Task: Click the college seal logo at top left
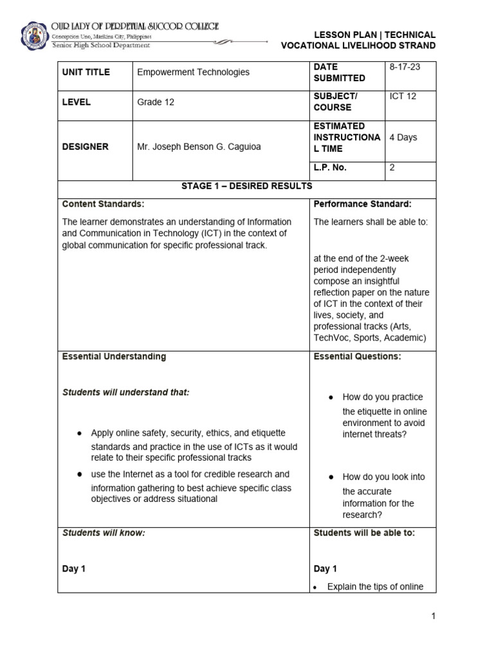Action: coord(33,37)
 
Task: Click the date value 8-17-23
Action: coord(405,67)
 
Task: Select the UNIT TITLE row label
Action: coord(86,72)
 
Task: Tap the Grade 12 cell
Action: coord(156,102)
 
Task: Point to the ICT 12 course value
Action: coord(403,97)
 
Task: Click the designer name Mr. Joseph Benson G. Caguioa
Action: coord(199,147)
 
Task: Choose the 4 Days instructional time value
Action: coord(403,137)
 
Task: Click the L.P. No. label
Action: coord(329,167)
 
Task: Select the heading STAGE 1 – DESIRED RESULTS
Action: coord(246,186)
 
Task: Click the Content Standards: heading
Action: coord(103,204)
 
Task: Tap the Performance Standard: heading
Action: coord(362,204)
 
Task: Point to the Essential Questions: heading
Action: coord(357,356)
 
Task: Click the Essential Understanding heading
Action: coord(114,356)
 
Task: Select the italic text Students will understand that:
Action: coord(125,392)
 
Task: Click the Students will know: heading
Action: coord(103,532)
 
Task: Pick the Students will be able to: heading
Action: coord(364,532)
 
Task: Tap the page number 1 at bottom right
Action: coord(434,616)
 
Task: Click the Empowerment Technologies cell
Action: coord(193,72)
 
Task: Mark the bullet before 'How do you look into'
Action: coord(330,477)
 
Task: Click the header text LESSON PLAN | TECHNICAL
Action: coord(374,35)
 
